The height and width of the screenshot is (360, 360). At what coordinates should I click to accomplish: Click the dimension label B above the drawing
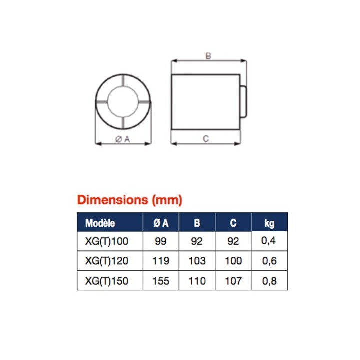coord(208,56)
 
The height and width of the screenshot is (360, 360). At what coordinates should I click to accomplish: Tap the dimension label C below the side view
coord(206,138)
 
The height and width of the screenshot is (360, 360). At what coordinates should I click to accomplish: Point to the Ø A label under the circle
coord(123,139)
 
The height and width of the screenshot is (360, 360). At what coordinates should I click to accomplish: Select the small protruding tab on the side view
coord(243,101)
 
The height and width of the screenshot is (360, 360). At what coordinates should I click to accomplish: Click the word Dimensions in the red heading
coord(112,200)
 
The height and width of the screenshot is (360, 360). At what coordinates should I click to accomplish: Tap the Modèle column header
coord(100,223)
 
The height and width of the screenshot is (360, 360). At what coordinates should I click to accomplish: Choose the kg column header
coord(269,223)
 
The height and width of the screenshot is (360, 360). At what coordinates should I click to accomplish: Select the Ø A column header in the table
coord(161,223)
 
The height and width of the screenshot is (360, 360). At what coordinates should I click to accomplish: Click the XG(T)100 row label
coord(107,241)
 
